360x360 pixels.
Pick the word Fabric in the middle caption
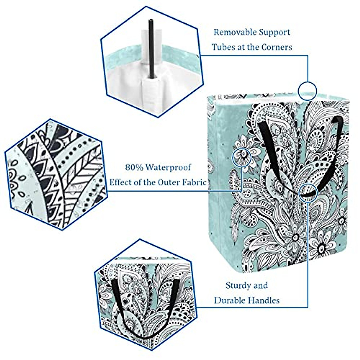195,182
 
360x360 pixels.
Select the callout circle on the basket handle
308,192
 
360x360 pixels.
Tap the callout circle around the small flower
241,156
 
